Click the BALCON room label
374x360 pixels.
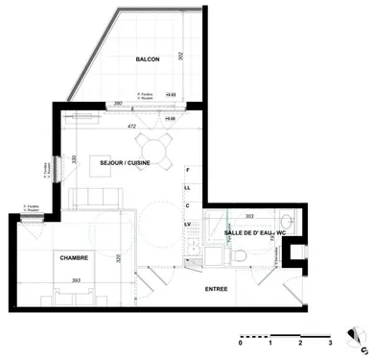click(147, 60)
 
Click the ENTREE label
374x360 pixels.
click(218, 287)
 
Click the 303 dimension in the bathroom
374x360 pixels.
click(249, 218)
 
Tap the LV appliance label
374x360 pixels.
click(189, 224)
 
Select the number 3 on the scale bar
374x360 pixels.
click(330, 343)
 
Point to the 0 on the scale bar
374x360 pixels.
click(242, 343)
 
